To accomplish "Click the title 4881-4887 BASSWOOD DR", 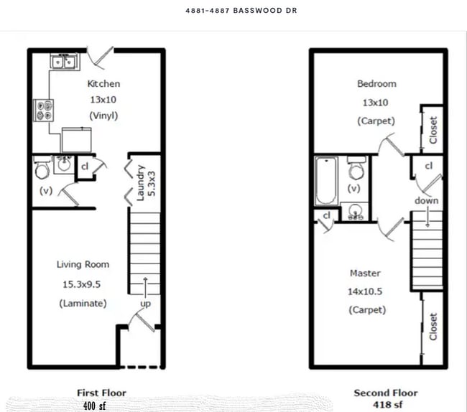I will click(231, 11).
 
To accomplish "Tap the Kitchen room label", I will click(103, 84).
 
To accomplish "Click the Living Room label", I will click(83, 265).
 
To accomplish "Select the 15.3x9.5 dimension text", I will click(83, 284).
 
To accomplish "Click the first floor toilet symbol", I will click(42, 169).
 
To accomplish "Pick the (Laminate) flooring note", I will click(83, 304).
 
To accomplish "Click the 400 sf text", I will click(93, 406).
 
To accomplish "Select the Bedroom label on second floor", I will click(376, 84).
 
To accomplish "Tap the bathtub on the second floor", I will click(325, 181).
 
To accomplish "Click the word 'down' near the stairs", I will click(427, 201).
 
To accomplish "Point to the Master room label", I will click(365, 273).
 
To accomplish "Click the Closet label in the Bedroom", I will click(433, 129).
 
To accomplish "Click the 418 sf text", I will click(385, 405).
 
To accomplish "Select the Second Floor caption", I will click(385, 393).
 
